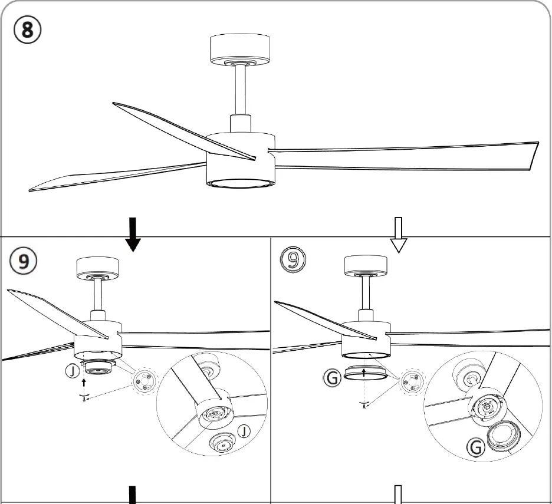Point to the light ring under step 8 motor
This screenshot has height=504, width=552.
point(240,183)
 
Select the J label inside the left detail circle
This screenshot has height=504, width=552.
point(244,431)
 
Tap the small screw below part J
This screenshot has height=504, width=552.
point(85,398)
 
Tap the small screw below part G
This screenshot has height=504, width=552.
point(364,404)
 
